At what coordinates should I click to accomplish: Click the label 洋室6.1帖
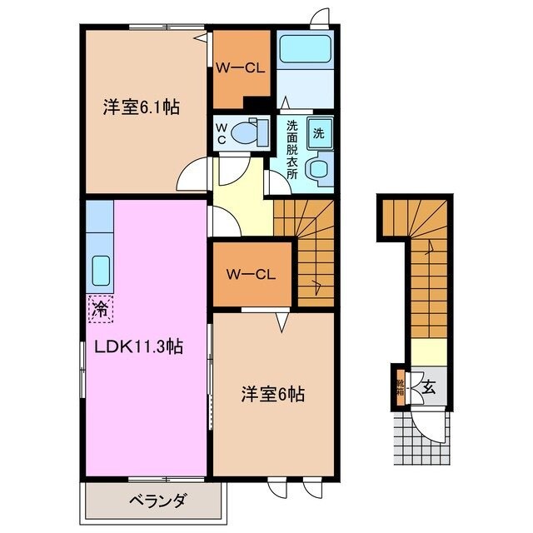tap(142, 107)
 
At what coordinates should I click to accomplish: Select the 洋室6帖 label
tap(274, 394)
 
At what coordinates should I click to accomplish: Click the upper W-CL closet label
tap(241, 69)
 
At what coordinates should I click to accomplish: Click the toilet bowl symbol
tap(248, 132)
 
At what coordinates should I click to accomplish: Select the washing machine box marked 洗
tap(319, 131)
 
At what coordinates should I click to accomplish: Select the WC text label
tap(222, 133)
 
